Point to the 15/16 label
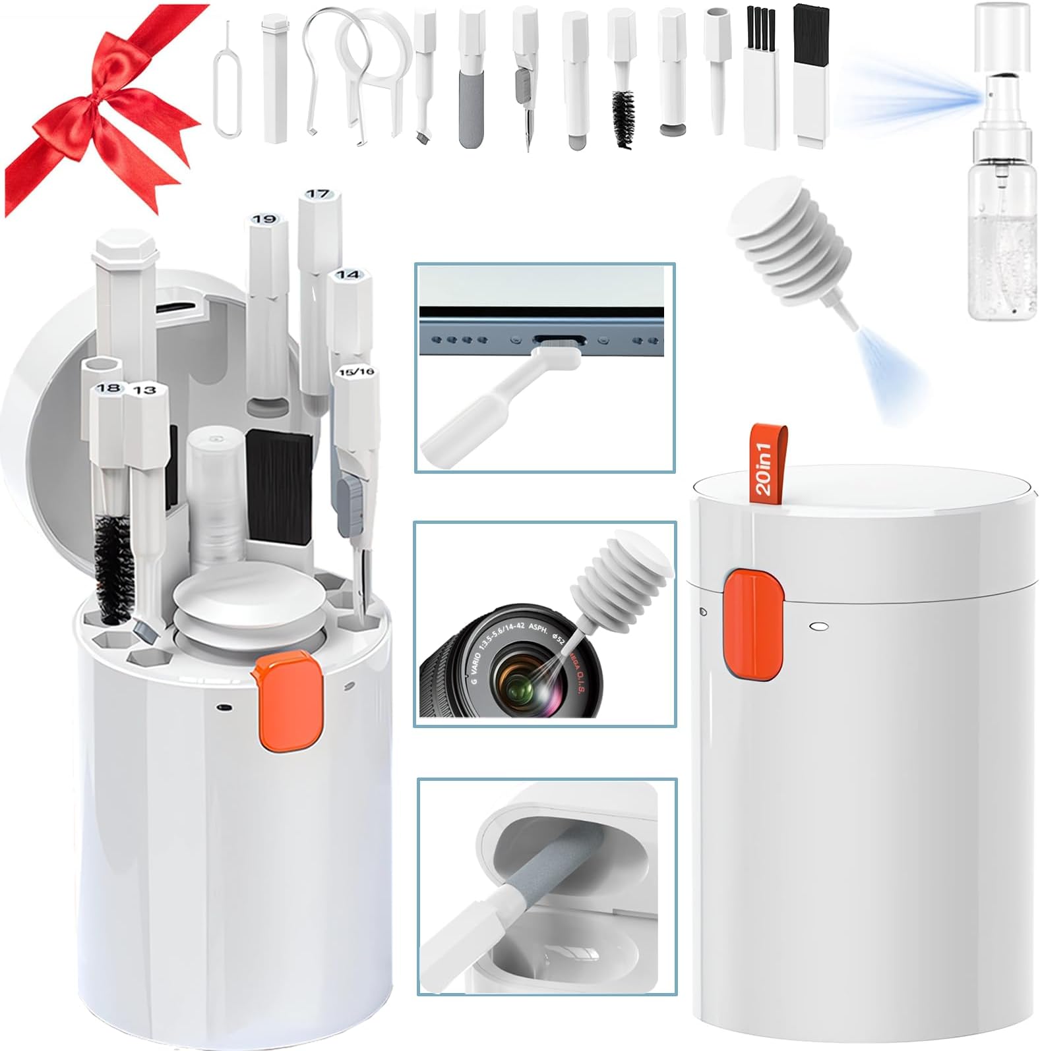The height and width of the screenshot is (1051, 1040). [356, 372]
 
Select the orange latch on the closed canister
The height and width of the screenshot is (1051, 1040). [754, 624]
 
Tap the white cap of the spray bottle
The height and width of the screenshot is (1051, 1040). [1001, 36]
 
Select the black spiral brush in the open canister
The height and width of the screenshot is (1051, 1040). [113, 567]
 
